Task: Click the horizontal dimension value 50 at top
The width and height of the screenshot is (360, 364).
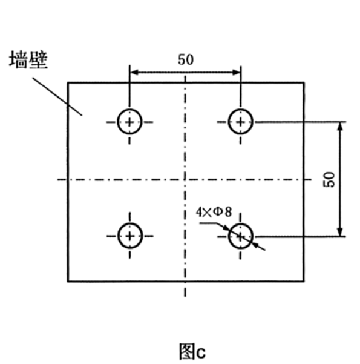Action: [x=186, y=60]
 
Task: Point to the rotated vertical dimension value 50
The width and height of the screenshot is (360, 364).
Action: [x=329, y=179]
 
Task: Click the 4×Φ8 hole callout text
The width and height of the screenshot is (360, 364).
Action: [x=214, y=212]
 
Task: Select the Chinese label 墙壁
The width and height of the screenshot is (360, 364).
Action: [x=28, y=60]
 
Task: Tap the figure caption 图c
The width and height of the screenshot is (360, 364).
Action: [x=192, y=351]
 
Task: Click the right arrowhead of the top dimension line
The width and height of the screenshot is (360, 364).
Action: [x=236, y=73]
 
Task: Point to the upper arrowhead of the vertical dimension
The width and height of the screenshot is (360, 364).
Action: [x=340, y=127]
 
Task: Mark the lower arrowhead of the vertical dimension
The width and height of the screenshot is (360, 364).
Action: [x=340, y=232]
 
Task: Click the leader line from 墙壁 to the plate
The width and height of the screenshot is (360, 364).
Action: [x=57, y=96]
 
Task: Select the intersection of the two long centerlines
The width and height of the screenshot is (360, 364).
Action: [x=185, y=179]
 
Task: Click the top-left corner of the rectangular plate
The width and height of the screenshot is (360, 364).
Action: [x=68, y=82]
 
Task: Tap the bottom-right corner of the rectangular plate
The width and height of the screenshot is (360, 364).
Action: [x=304, y=282]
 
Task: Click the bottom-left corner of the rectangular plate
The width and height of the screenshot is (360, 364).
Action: [x=68, y=282]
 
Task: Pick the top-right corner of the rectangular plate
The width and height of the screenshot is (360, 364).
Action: [x=304, y=82]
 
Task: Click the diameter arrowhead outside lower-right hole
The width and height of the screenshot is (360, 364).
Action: [x=255, y=245]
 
